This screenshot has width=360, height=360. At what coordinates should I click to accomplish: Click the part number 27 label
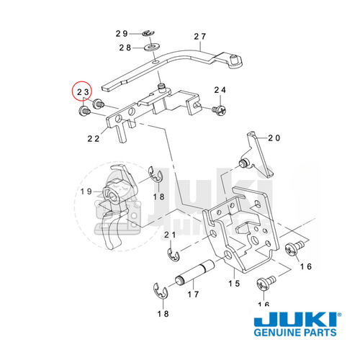pyautogui.click(x=199, y=36)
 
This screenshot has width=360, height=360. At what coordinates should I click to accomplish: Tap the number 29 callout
pyautogui.click(x=122, y=34)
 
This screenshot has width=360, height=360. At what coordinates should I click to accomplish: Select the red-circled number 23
pyautogui.click(x=84, y=92)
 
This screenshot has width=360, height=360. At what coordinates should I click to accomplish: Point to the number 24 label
pyautogui.click(x=220, y=89)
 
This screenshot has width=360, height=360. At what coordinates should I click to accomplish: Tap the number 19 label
pyautogui.click(x=86, y=192)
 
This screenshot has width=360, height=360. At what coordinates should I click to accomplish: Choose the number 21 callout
pyautogui.click(x=170, y=235)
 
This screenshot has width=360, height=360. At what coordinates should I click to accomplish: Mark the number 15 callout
pyautogui.click(x=234, y=283)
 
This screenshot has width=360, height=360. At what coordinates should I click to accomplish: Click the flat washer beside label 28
pyautogui.click(x=153, y=49)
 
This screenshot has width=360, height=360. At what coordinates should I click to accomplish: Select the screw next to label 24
pyautogui.click(x=218, y=108)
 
